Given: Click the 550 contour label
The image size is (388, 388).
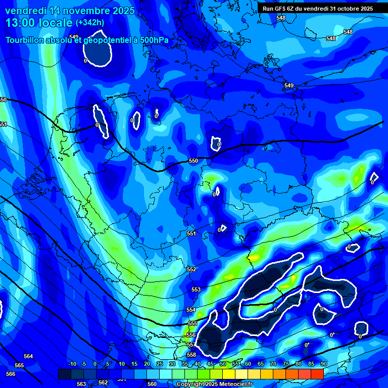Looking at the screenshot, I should pos(193,161).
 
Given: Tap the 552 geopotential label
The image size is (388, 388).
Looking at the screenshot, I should pos(191,270).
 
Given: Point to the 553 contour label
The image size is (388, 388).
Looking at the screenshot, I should pos(196,289).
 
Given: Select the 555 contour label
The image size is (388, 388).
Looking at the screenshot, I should pos(192,323).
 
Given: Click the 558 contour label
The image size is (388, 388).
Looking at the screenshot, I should pos(191,355).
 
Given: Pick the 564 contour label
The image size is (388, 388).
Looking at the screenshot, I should pos(28,356).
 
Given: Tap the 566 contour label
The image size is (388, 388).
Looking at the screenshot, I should pos(11,374).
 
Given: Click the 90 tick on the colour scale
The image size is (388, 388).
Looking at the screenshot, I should pos(323,364).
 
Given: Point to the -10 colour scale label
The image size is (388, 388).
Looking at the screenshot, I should pos(72,364).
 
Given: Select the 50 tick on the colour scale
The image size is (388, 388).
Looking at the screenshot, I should pos(223,364).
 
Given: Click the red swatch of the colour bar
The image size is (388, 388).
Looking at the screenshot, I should pos(317,374).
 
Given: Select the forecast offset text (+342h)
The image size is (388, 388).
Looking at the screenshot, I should pos(89,23).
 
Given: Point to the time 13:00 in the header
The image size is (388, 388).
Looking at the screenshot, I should pos(25,23).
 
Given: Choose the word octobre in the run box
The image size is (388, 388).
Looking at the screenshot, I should pos(345,9).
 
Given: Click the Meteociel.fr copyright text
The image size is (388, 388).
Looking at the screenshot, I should pos(232,384).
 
